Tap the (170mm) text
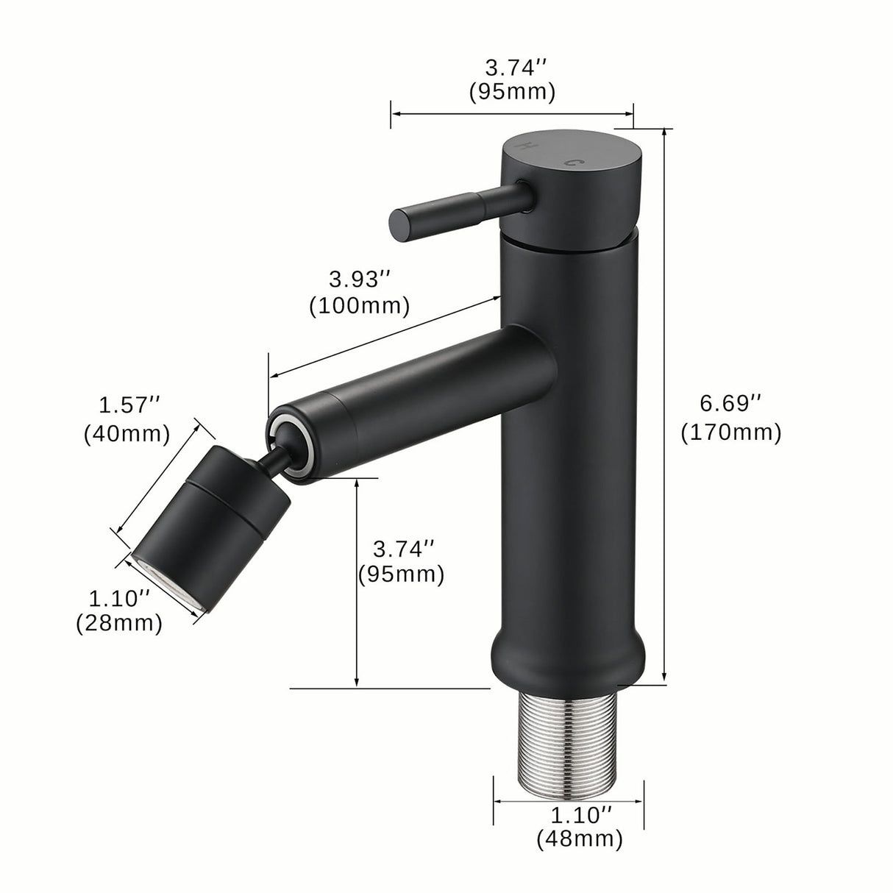(x=730, y=433)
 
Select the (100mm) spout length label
(x=360, y=305)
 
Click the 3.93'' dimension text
(x=359, y=280)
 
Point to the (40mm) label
(x=127, y=433)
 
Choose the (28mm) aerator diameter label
(x=118, y=624)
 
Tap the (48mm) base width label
(x=579, y=838)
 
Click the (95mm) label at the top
(x=511, y=93)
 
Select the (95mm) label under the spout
(x=402, y=574)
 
